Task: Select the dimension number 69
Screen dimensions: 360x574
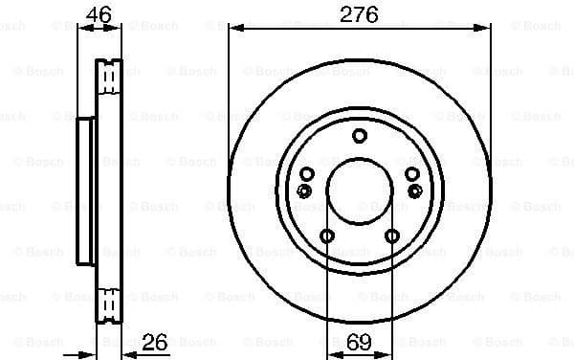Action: (x=359, y=342)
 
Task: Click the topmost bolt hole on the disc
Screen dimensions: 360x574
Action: (x=359, y=135)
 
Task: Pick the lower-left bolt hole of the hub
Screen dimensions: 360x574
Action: (x=327, y=236)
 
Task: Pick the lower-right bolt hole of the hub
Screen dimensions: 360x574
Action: (x=391, y=236)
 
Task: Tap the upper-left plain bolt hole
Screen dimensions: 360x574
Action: (x=307, y=173)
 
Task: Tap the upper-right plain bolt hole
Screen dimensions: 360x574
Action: (x=411, y=173)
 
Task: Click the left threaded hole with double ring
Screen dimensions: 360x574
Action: (x=304, y=191)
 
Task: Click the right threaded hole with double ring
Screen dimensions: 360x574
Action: (x=414, y=191)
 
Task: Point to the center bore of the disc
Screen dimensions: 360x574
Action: (x=359, y=189)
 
